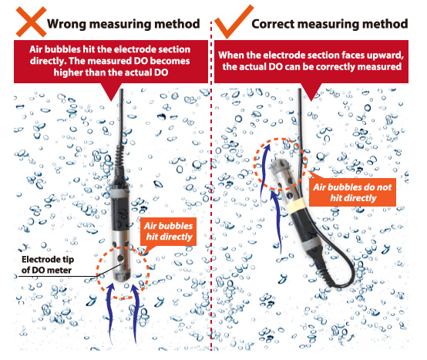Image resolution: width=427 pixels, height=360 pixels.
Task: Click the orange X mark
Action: click(x=31, y=22)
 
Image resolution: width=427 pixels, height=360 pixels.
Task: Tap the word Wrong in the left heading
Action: click(x=66, y=24)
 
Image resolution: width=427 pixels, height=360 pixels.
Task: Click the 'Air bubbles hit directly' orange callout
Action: click(x=169, y=231)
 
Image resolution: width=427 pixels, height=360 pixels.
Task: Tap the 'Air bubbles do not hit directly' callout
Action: click(x=353, y=193)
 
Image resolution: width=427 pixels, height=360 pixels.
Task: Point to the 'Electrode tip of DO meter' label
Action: click(x=47, y=264)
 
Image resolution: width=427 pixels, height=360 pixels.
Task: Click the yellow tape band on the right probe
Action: click(x=296, y=206)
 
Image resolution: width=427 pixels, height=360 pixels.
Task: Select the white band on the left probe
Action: click(x=119, y=193)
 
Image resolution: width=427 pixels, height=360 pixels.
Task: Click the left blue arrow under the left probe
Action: click(x=110, y=313)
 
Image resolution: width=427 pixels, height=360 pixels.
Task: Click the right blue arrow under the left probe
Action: click(x=136, y=313)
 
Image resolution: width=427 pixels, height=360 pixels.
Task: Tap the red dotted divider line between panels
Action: click(x=211, y=185)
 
